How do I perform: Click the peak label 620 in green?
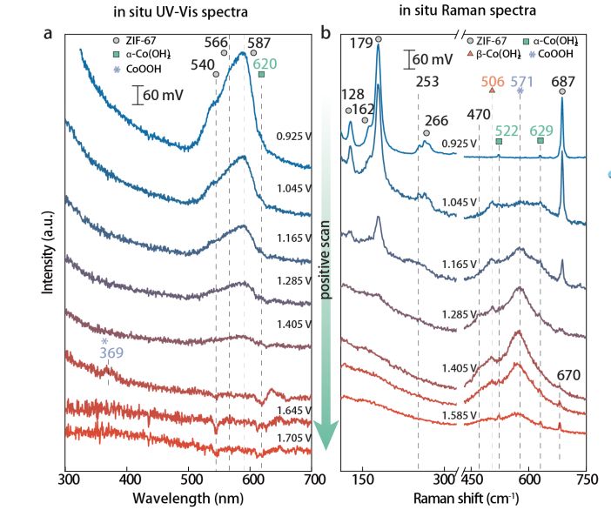266,63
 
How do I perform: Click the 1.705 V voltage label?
289,437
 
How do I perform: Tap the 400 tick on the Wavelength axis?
128,480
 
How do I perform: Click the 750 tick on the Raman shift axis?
586,480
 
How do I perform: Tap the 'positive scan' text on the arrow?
326,261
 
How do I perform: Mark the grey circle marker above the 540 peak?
216,74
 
